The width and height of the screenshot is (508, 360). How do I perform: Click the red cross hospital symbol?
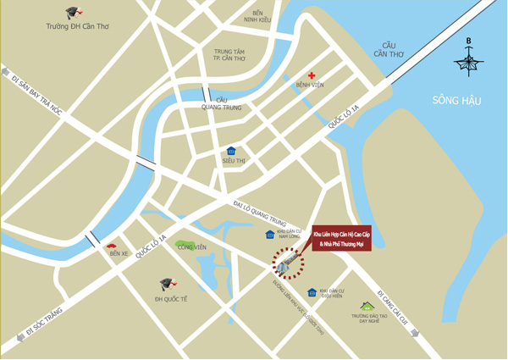(x=312, y=76)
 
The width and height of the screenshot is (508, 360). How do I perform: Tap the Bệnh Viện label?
(x=310, y=86)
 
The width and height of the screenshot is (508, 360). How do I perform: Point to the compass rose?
(x=468, y=60)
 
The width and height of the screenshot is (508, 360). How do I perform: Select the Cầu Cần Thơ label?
(x=389, y=50)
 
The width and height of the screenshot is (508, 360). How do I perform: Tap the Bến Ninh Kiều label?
(x=257, y=16)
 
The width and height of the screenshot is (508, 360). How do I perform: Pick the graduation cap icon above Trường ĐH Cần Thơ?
(x=75, y=14)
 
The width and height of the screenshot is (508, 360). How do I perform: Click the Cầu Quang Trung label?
(x=221, y=103)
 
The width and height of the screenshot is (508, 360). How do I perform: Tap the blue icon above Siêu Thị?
(x=231, y=151)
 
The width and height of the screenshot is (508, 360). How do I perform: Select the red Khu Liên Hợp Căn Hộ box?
(x=341, y=238)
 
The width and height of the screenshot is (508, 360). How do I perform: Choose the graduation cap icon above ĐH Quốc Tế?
(x=168, y=285)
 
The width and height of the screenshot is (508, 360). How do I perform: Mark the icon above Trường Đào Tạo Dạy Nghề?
(x=367, y=306)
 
